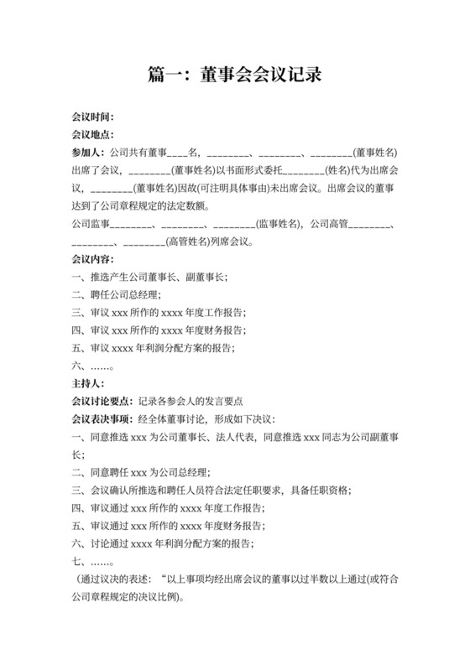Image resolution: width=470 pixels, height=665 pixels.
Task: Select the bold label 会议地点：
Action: coord(92,134)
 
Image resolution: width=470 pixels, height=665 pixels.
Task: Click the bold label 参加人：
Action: coord(88,153)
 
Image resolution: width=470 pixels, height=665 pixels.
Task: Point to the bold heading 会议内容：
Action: coord(92,259)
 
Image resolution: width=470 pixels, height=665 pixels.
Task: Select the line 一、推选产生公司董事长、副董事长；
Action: coord(149,277)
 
